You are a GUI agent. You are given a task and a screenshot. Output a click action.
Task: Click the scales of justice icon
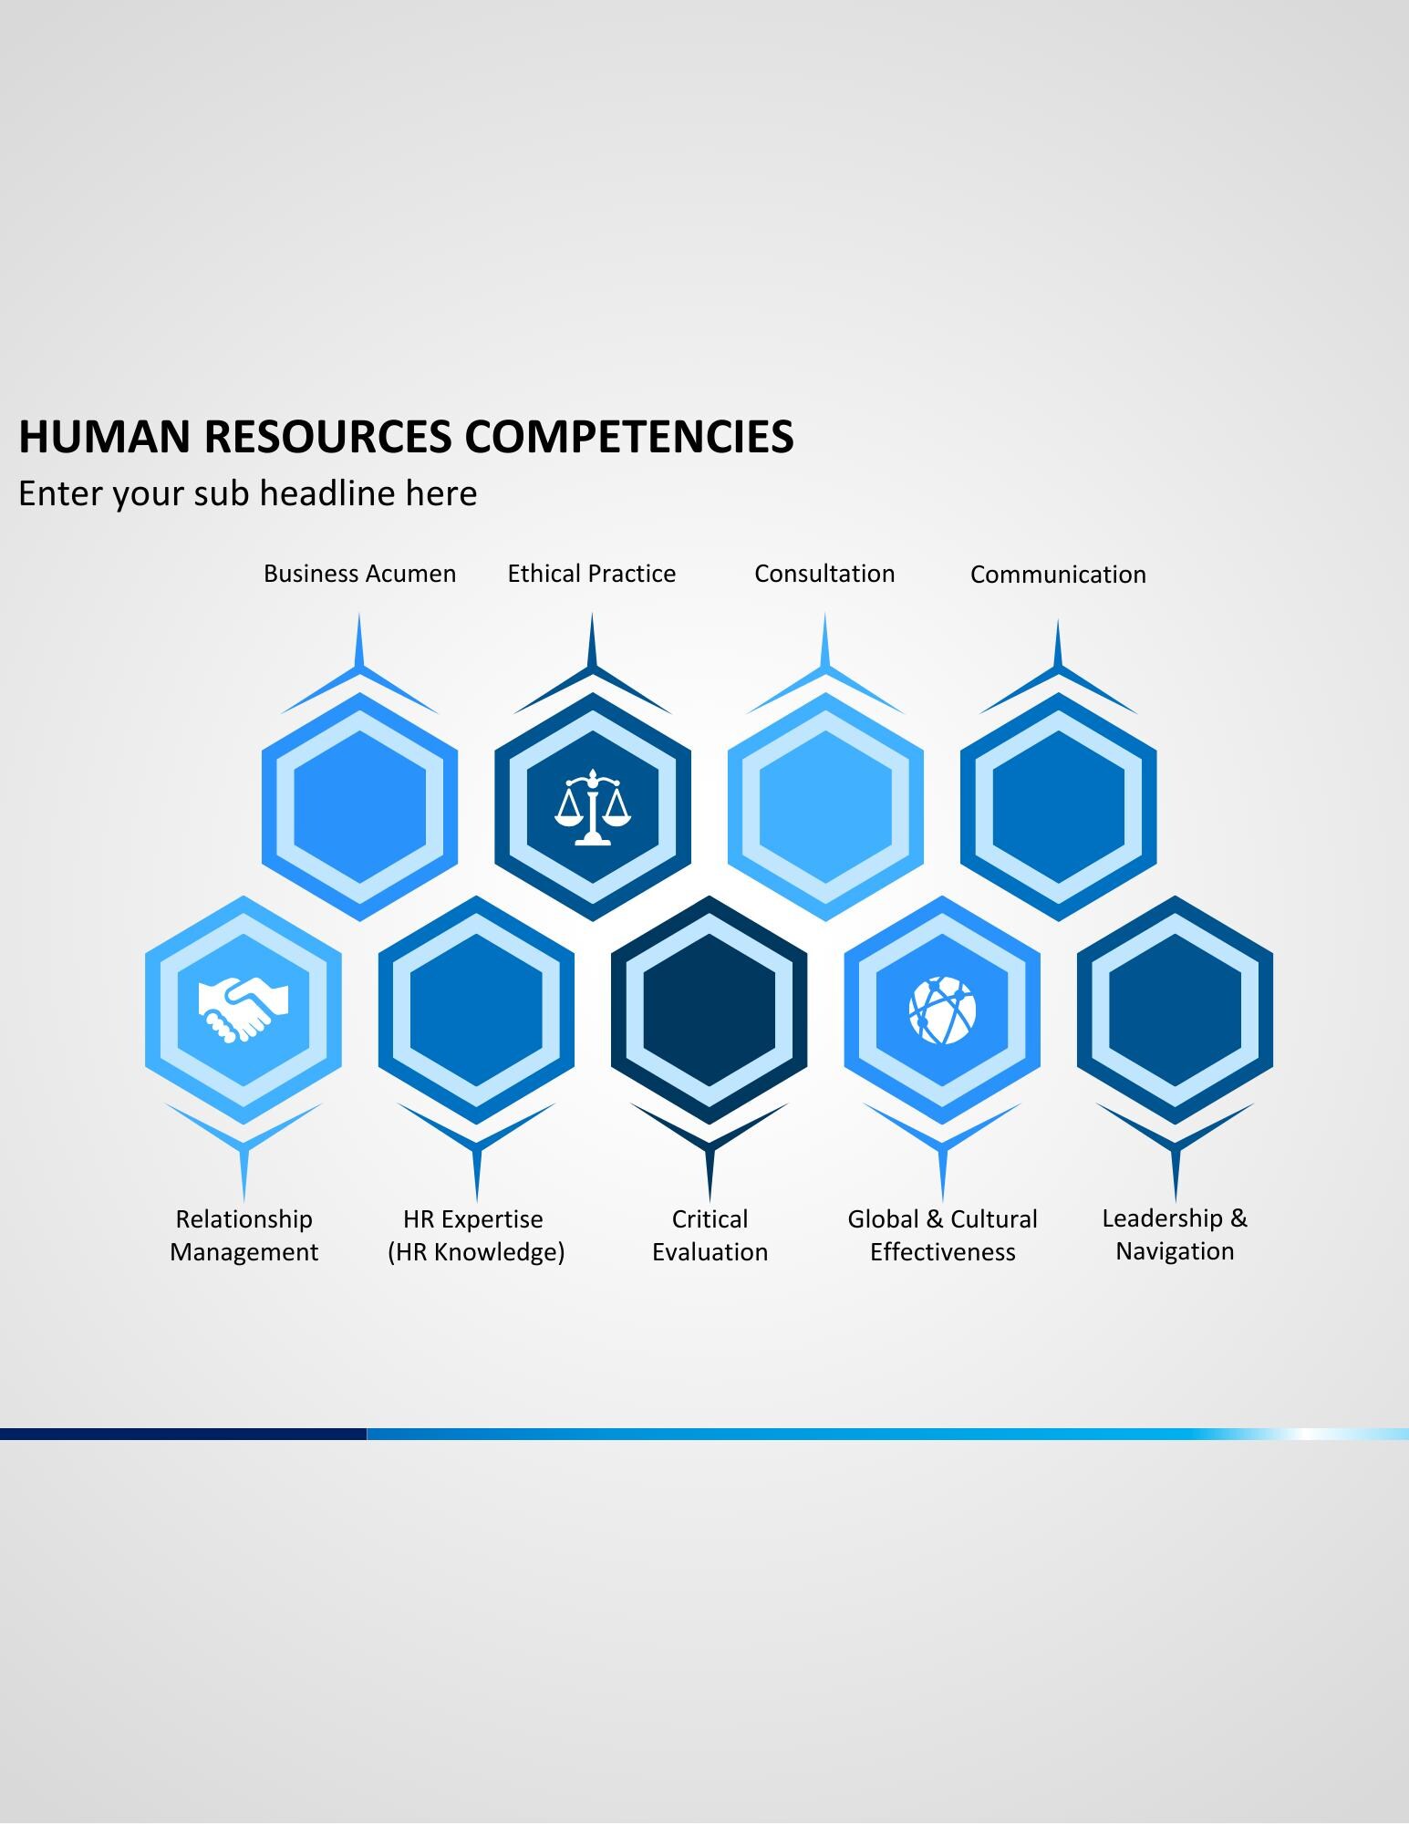point(593,807)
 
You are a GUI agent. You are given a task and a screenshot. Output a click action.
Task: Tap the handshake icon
point(243,1010)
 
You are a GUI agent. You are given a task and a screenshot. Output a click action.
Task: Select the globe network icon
point(942,1010)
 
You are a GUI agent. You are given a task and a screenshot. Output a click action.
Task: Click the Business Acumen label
point(359,574)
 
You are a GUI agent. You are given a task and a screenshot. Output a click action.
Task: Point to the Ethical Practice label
point(592,574)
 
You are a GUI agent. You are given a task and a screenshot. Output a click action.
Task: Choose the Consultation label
point(824,574)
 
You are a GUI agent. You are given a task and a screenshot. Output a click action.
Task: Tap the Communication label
point(1058,575)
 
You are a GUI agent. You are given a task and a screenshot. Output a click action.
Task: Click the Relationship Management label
point(243,1235)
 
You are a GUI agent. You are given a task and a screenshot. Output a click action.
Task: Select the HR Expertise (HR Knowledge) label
point(476,1235)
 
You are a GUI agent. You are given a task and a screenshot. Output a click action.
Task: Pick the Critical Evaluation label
point(710,1235)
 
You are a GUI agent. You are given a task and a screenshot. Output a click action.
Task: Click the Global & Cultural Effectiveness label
point(942,1235)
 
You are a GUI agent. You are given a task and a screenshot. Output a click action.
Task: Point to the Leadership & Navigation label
point(1175,1234)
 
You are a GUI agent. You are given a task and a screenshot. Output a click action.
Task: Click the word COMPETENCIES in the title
point(629,436)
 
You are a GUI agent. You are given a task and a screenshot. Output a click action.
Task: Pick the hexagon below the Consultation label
point(825,807)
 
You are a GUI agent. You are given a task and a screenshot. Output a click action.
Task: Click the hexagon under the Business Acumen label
point(359,807)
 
